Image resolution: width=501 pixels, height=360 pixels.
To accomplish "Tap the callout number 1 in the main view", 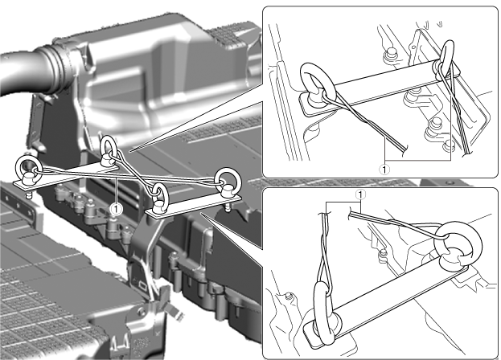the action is (116, 209).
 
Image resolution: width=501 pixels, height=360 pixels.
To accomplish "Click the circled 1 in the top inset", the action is (384, 169).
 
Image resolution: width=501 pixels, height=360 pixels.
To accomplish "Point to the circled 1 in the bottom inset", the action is (361, 194).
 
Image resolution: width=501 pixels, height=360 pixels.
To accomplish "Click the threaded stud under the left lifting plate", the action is (28, 194).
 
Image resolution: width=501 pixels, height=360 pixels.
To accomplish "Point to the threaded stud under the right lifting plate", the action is (227, 208).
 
